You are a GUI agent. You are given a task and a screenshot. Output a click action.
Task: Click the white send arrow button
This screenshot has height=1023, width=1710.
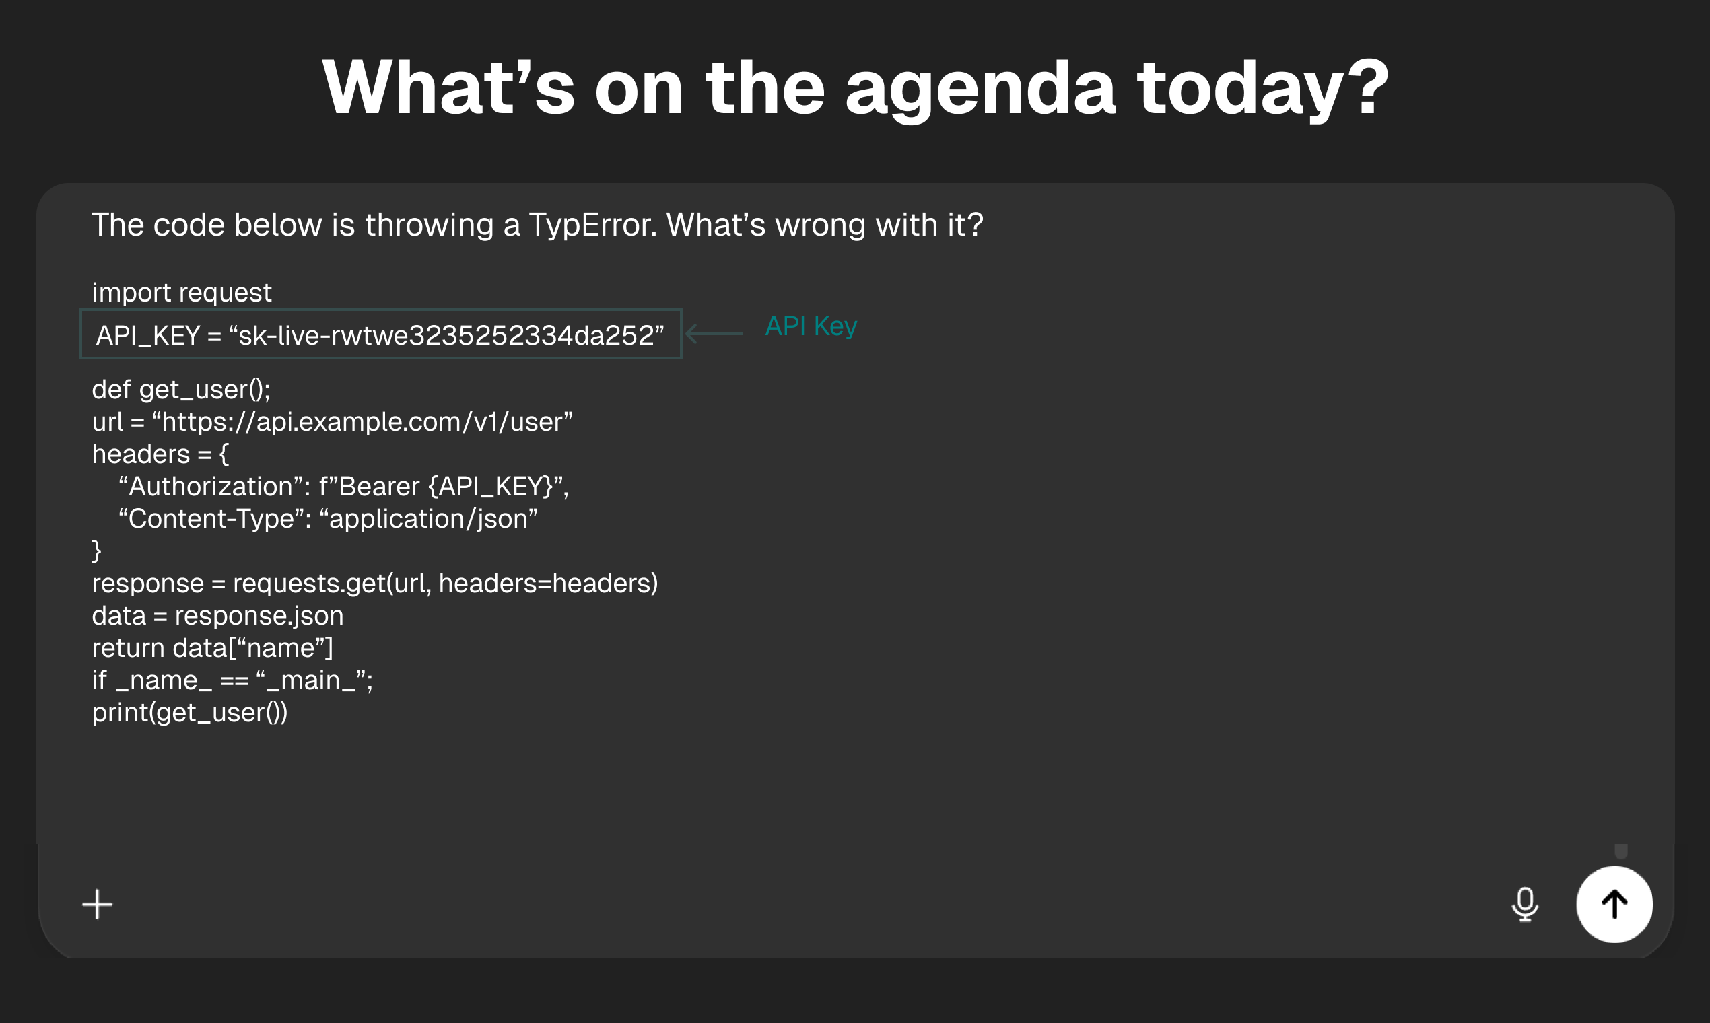(1614, 904)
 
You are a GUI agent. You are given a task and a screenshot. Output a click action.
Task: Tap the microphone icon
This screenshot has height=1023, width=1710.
(1524, 905)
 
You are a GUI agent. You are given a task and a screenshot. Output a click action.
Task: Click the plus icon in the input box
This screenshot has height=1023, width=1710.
(97, 905)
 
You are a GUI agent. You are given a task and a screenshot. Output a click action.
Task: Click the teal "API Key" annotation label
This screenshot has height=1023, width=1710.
(811, 326)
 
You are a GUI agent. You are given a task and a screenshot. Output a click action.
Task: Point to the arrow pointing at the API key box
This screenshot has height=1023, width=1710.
(714, 334)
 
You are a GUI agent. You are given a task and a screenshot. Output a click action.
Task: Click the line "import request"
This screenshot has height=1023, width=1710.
(182, 293)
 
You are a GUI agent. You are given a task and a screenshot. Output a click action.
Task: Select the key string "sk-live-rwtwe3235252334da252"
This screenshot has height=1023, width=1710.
(446, 336)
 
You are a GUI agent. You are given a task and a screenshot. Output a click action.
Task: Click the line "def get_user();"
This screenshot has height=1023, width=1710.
(181, 390)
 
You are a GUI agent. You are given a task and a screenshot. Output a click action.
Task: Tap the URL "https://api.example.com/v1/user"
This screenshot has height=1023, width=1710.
(363, 422)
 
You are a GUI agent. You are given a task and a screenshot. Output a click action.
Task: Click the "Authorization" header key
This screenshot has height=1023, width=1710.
(211, 487)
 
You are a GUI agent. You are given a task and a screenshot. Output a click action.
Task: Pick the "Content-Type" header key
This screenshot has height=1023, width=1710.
(211, 519)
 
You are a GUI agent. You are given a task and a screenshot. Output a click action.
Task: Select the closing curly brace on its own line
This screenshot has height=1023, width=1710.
(96, 551)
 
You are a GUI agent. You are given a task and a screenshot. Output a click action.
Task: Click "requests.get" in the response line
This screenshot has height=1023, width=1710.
(309, 584)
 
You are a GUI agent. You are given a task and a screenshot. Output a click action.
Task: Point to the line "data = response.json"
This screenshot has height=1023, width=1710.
(218, 616)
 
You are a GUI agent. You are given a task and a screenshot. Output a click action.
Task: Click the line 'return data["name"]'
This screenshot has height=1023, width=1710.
(212, 648)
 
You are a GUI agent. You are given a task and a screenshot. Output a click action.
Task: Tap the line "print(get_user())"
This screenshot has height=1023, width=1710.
(190, 713)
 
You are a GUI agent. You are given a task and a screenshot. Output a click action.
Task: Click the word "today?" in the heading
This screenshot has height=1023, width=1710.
(1262, 88)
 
